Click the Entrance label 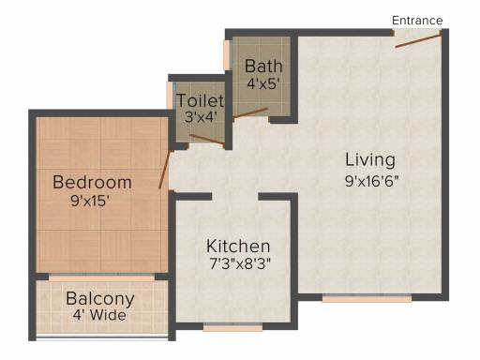click(x=417, y=21)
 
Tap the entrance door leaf click(x=418, y=41)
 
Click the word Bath click(x=263, y=67)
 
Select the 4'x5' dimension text click(x=262, y=83)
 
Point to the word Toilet click(x=201, y=100)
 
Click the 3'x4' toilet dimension click(x=201, y=117)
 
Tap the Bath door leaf click(x=250, y=113)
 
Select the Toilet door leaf click(x=207, y=140)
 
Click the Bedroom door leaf click(x=164, y=170)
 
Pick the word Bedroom click(x=92, y=182)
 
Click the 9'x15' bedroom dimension click(x=90, y=201)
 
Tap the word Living click(x=370, y=160)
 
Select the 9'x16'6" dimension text click(x=372, y=181)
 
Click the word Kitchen click(x=238, y=247)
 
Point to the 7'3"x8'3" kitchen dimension click(x=239, y=263)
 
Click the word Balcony click(x=100, y=299)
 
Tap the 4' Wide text click(x=99, y=315)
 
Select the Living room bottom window click(x=367, y=298)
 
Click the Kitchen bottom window click(x=233, y=327)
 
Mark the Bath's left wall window click(x=228, y=55)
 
